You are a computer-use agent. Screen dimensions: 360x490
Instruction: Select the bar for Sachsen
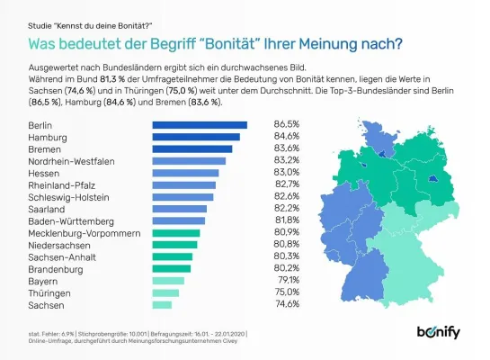click(x=163, y=304)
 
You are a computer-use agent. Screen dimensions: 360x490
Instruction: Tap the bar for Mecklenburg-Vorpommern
click(x=176, y=232)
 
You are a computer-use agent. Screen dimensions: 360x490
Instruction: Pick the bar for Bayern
click(x=168, y=280)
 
